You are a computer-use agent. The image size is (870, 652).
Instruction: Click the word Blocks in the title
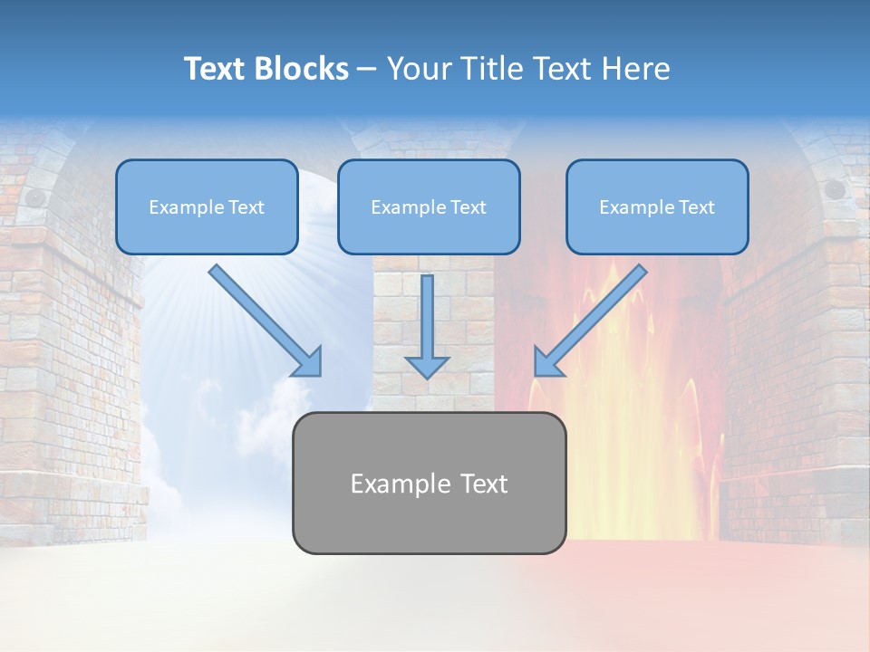pos(300,69)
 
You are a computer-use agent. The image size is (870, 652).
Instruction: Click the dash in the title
pos(367,70)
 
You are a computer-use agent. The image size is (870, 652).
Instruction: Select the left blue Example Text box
pos(207,206)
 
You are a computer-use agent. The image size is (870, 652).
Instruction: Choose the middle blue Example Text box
pos(429,206)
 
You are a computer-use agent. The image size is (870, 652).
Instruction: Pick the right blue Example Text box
pos(657,206)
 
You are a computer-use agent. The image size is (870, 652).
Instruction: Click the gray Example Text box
pos(429,483)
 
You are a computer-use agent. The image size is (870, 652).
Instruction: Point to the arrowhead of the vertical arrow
pos(427,366)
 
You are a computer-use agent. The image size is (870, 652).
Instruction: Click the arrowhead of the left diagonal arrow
pos(308,362)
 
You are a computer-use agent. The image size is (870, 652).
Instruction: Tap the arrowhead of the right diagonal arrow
pos(546,363)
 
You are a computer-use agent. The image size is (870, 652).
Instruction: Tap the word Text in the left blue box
pos(247,207)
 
